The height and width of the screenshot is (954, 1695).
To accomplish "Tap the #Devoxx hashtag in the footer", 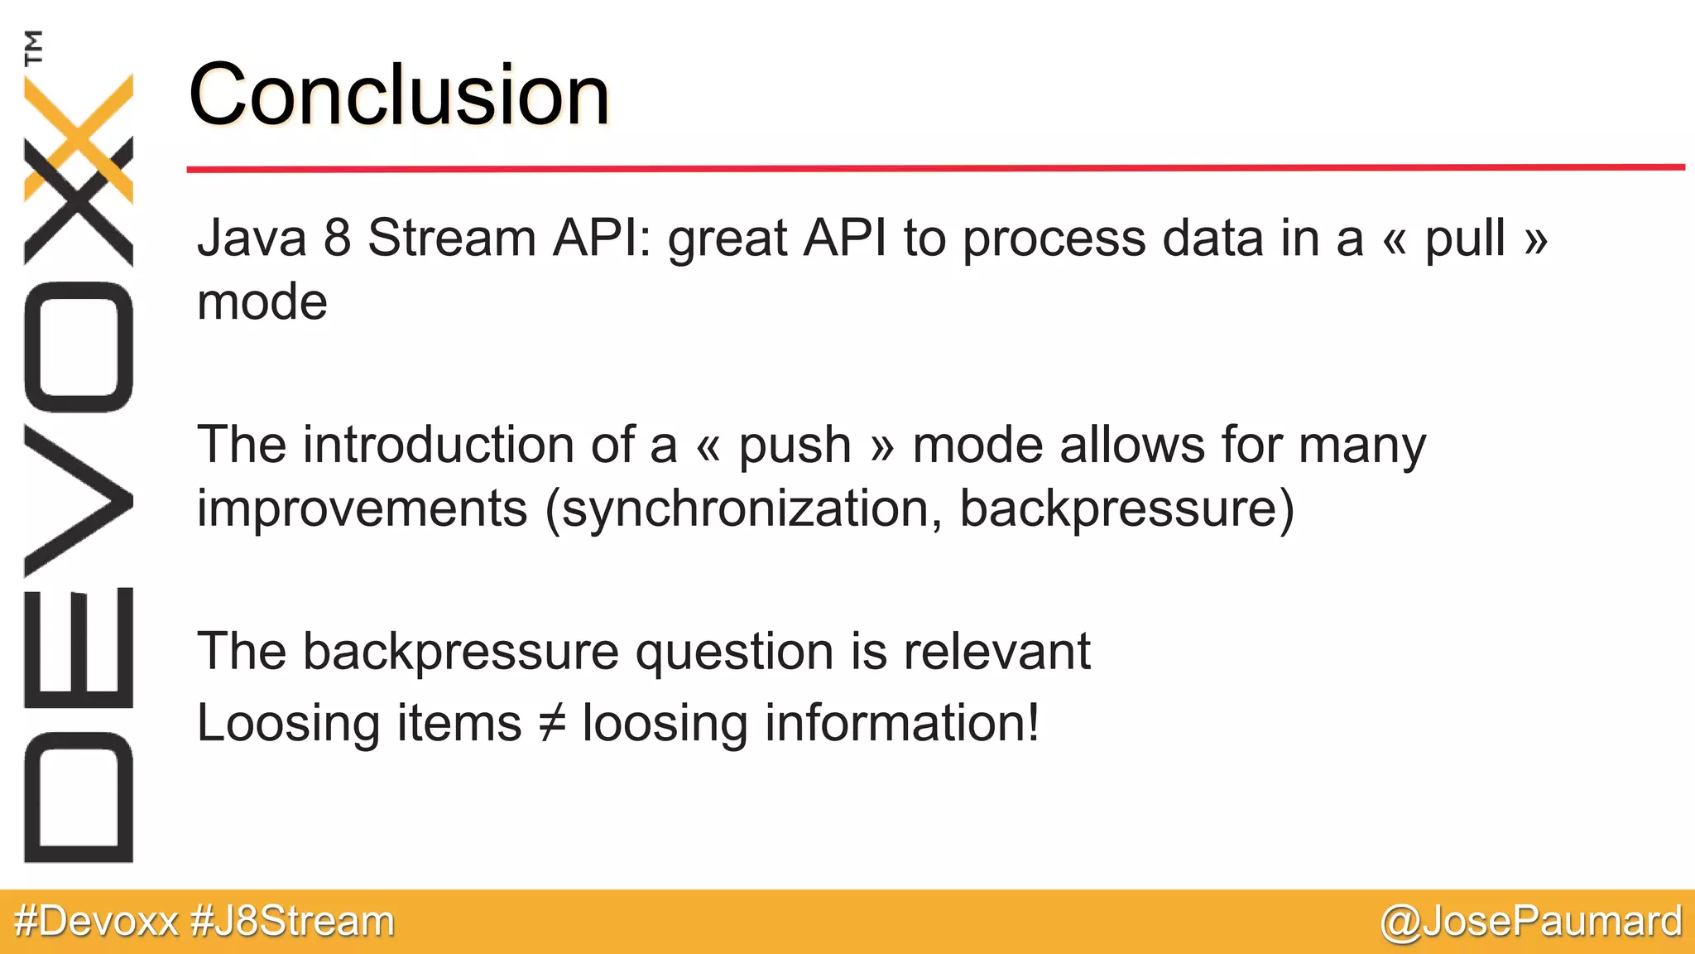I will pos(97,921).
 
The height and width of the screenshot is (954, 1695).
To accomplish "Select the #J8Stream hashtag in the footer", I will pos(292,921).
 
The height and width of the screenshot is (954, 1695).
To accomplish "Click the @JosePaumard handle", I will pos(1531,921).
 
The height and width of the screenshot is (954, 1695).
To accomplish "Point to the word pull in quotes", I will pos(1464,240).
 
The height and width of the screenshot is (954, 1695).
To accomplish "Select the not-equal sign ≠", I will pos(552,722).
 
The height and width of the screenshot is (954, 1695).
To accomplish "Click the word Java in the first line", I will pos(252,238).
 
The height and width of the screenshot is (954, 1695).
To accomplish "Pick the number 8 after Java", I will pos(337,238).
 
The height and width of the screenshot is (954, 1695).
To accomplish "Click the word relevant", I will pos(996,651).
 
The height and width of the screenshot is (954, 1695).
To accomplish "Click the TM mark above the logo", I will pos(33,47).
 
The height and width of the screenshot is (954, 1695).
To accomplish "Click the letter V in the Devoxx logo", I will pos(79,500).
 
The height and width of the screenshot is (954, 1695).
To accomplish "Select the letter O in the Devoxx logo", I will pos(79,347).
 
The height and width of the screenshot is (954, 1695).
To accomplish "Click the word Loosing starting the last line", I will pos(288,724).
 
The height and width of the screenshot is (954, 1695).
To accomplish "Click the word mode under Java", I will pos(262,302).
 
